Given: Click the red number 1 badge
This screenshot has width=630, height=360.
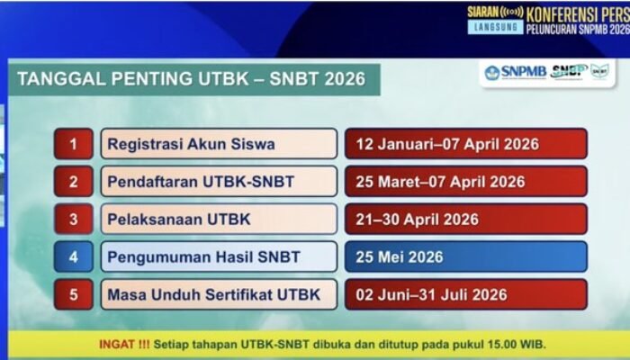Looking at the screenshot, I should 73,144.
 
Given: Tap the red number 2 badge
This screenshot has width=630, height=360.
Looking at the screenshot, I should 73,182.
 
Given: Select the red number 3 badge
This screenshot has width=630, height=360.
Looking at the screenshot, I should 73,220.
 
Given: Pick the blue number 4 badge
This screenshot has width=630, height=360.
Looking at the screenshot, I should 73,257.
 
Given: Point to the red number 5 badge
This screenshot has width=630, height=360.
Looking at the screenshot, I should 73,294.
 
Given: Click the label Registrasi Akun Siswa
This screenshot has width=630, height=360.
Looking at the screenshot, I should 192,144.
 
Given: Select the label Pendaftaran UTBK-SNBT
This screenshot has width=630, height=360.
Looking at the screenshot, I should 201,182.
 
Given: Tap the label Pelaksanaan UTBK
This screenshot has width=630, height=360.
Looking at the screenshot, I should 179,220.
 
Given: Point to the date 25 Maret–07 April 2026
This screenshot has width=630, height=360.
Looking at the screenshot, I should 440,182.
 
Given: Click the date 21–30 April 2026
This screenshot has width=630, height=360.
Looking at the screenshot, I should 418,220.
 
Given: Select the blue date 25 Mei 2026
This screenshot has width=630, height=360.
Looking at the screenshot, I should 400,257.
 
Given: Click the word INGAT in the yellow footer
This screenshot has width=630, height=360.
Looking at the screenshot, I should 116,345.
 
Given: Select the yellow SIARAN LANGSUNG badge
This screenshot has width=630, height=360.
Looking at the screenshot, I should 495,20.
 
